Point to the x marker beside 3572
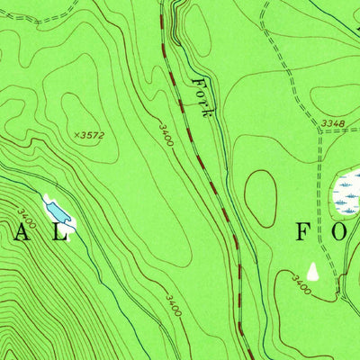[x=76, y=135]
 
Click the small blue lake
[x=58, y=211]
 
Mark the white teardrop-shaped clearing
[x=313, y=271]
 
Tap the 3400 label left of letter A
[x=27, y=218]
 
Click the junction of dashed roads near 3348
[x=319, y=131]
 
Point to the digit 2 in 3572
[x=101, y=135]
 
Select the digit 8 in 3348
[x=342, y=122]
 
